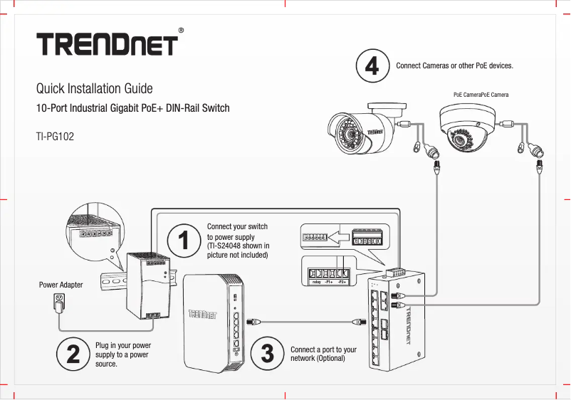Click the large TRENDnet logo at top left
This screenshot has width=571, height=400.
107,44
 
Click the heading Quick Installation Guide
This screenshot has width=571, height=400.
94,89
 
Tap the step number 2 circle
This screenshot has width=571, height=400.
73,354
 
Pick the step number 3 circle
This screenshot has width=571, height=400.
267,354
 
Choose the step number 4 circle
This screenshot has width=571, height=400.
372,66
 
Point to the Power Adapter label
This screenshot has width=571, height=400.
61,285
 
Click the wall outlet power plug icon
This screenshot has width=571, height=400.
60,305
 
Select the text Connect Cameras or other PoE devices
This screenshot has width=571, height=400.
454,66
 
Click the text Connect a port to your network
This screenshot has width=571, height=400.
323,354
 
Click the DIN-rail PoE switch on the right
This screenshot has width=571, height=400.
395,320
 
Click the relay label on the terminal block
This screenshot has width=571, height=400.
317,283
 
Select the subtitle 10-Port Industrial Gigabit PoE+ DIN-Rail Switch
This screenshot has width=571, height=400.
132,109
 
